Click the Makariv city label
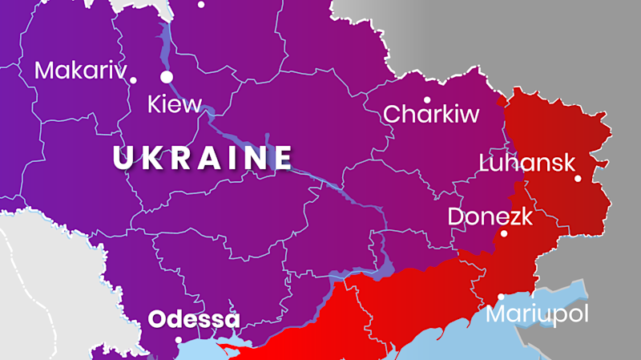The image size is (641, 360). pyautogui.click(x=80, y=71)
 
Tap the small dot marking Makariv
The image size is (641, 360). pyautogui.click(x=133, y=79)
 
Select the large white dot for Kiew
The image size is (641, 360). pyautogui.click(x=167, y=77)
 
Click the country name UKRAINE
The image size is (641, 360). pyautogui.click(x=203, y=158)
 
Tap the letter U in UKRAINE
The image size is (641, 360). pyautogui.click(x=123, y=158)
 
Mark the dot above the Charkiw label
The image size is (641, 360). pyautogui.click(x=427, y=100)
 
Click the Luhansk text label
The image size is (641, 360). pyautogui.click(x=526, y=164)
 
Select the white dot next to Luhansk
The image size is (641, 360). pyautogui.click(x=578, y=178)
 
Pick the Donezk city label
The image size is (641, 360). pyautogui.click(x=489, y=216)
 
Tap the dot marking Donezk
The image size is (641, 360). pyautogui.click(x=504, y=234)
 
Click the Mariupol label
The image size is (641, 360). pyautogui.click(x=537, y=314)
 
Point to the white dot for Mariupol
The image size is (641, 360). pyautogui.click(x=502, y=297)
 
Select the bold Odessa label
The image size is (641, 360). pyautogui.click(x=194, y=320)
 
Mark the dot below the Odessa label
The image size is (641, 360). pyautogui.click(x=179, y=339)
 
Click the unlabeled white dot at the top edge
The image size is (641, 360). pyautogui.click(x=201, y=4)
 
